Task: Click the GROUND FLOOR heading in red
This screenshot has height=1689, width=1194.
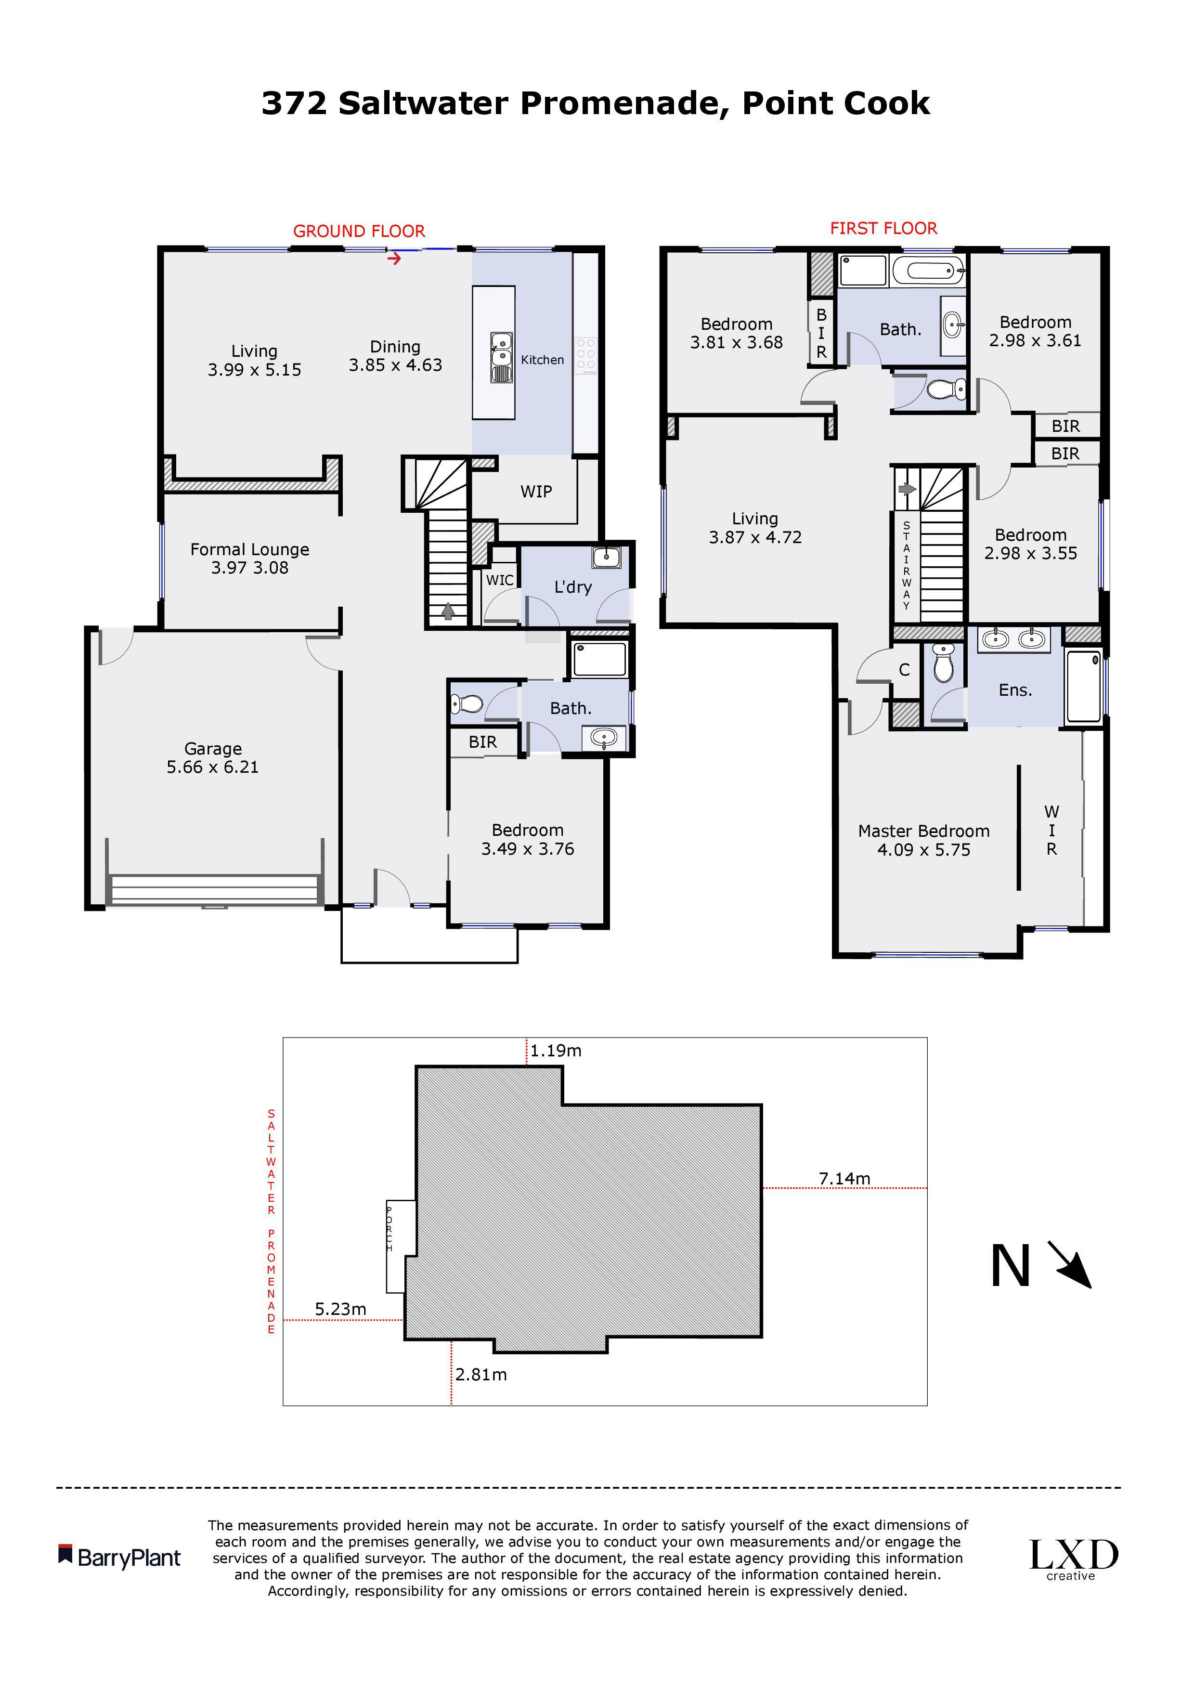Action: click(x=359, y=231)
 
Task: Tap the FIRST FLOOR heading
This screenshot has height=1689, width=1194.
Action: click(x=883, y=228)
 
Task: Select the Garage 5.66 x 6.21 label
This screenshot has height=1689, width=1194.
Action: click(x=213, y=758)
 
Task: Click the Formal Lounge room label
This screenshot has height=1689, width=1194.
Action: click(x=249, y=559)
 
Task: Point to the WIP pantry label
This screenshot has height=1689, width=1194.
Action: click(x=536, y=492)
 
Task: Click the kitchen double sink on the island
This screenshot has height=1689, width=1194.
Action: click(x=502, y=357)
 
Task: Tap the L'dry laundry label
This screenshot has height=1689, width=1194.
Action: click(x=573, y=587)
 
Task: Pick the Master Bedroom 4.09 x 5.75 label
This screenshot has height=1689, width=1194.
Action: click(x=924, y=840)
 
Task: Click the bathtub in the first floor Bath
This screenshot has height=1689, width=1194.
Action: click(x=928, y=271)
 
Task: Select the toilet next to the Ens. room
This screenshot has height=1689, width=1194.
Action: click(x=942, y=663)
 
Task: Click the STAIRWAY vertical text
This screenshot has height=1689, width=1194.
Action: click(x=907, y=565)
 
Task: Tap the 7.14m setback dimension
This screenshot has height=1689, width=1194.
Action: click(x=844, y=1179)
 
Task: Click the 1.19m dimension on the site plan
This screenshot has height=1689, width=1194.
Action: click(x=556, y=1051)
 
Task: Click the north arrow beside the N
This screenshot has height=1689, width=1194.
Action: click(x=1070, y=1264)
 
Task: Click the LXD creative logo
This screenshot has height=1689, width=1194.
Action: click(x=1073, y=1559)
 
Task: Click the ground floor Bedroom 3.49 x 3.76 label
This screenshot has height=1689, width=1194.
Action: click(x=528, y=839)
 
